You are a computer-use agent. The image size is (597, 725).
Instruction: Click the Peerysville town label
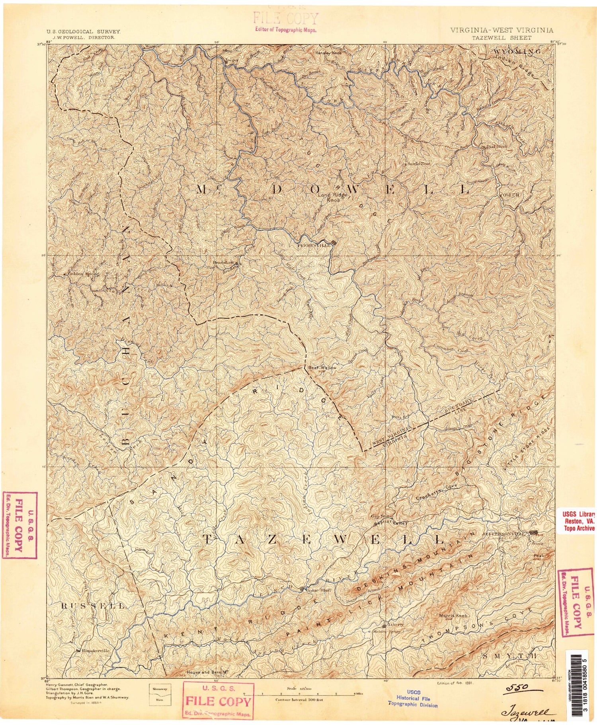[x=314, y=246]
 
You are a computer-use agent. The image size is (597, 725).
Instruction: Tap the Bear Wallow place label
[x=322, y=368]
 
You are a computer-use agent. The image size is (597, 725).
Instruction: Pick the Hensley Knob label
[x=328, y=53]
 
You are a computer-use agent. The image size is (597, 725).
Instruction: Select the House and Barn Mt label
[x=207, y=672]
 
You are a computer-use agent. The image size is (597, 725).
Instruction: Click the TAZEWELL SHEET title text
[x=501, y=38]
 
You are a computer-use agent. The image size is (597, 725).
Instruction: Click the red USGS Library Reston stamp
[x=578, y=520]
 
